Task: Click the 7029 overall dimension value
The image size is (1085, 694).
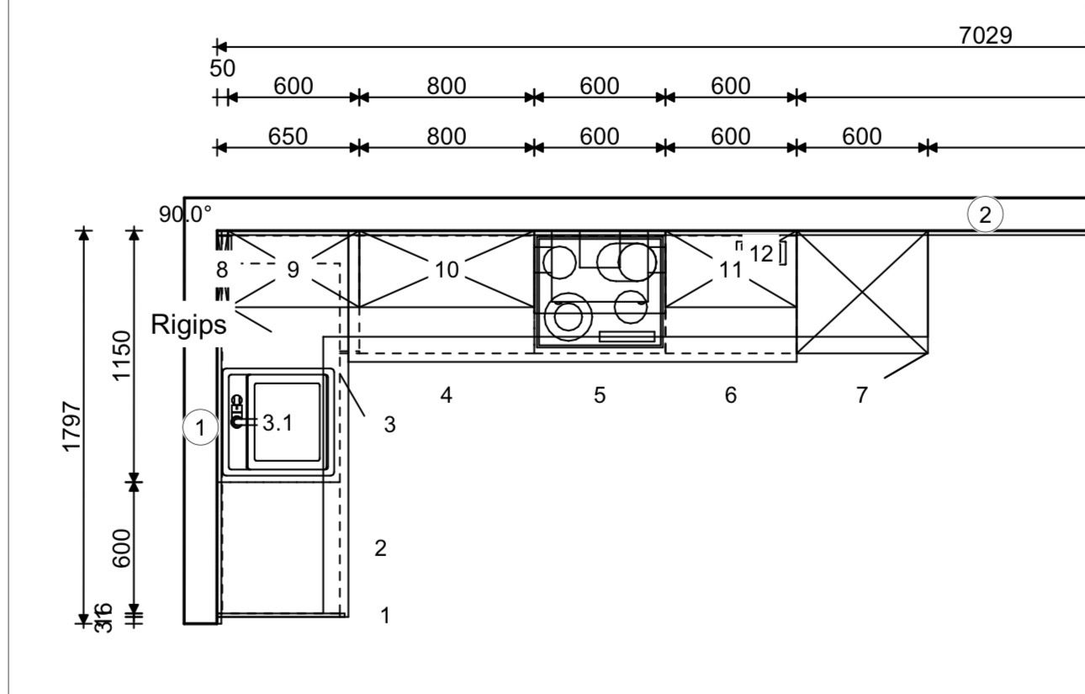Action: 985,35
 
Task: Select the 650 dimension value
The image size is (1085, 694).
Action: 288,136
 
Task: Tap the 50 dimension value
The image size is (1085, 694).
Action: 222,68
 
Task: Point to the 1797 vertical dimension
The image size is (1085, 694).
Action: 71,426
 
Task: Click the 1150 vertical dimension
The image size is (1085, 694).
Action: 122,356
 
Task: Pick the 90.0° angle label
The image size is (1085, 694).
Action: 186,214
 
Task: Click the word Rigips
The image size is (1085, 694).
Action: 188,325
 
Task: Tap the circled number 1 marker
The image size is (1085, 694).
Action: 200,427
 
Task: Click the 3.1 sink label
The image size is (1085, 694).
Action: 278,423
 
